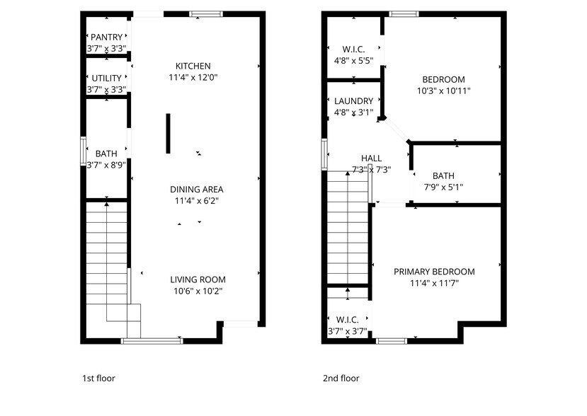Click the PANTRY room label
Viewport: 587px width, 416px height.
pos(106,37)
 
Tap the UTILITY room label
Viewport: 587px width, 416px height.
pos(106,78)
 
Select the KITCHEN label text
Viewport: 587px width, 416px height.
pos(193,66)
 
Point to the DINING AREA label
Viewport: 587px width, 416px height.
pos(196,190)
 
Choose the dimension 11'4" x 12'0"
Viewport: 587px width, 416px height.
pos(193,78)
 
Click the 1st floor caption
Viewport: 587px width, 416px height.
pos(98,379)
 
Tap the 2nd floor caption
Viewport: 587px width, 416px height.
pos(341,379)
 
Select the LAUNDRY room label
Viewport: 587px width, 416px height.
pos(353,101)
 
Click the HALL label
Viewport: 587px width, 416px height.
pos(371,158)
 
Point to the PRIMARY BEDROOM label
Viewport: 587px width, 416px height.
pos(434,272)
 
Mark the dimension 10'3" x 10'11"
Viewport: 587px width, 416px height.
pos(443,91)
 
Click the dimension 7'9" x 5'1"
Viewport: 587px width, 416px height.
pos(443,187)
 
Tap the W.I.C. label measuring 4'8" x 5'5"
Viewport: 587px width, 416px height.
pos(353,49)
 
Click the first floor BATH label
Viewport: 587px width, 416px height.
pos(106,154)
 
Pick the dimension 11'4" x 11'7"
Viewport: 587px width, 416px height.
pos(434,284)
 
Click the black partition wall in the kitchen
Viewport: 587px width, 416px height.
pos(168,133)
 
